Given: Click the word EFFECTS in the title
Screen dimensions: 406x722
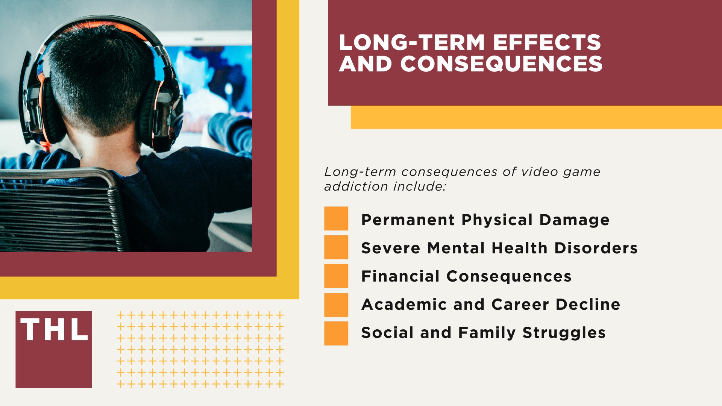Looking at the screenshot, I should click(547, 42).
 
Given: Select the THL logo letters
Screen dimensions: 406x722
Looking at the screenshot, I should click(54, 330).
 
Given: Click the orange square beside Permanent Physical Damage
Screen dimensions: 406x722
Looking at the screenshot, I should click(336, 218).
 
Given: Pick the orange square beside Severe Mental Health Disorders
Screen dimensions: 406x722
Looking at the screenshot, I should click(336, 247).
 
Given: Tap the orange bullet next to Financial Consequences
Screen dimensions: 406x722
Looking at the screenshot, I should click(336, 276).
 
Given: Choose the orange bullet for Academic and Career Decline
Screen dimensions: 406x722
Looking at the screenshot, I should click(336, 305).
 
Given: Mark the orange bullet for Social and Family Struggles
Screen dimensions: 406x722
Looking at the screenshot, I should click(336, 333).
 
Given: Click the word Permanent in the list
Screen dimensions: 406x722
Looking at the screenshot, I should click(408, 220).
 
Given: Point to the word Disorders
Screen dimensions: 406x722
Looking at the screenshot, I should click(596, 248).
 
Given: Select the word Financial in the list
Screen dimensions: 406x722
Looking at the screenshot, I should click(400, 276).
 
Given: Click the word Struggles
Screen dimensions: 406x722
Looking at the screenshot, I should click(564, 333).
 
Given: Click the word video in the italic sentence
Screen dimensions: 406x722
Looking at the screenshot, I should click(540, 172).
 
